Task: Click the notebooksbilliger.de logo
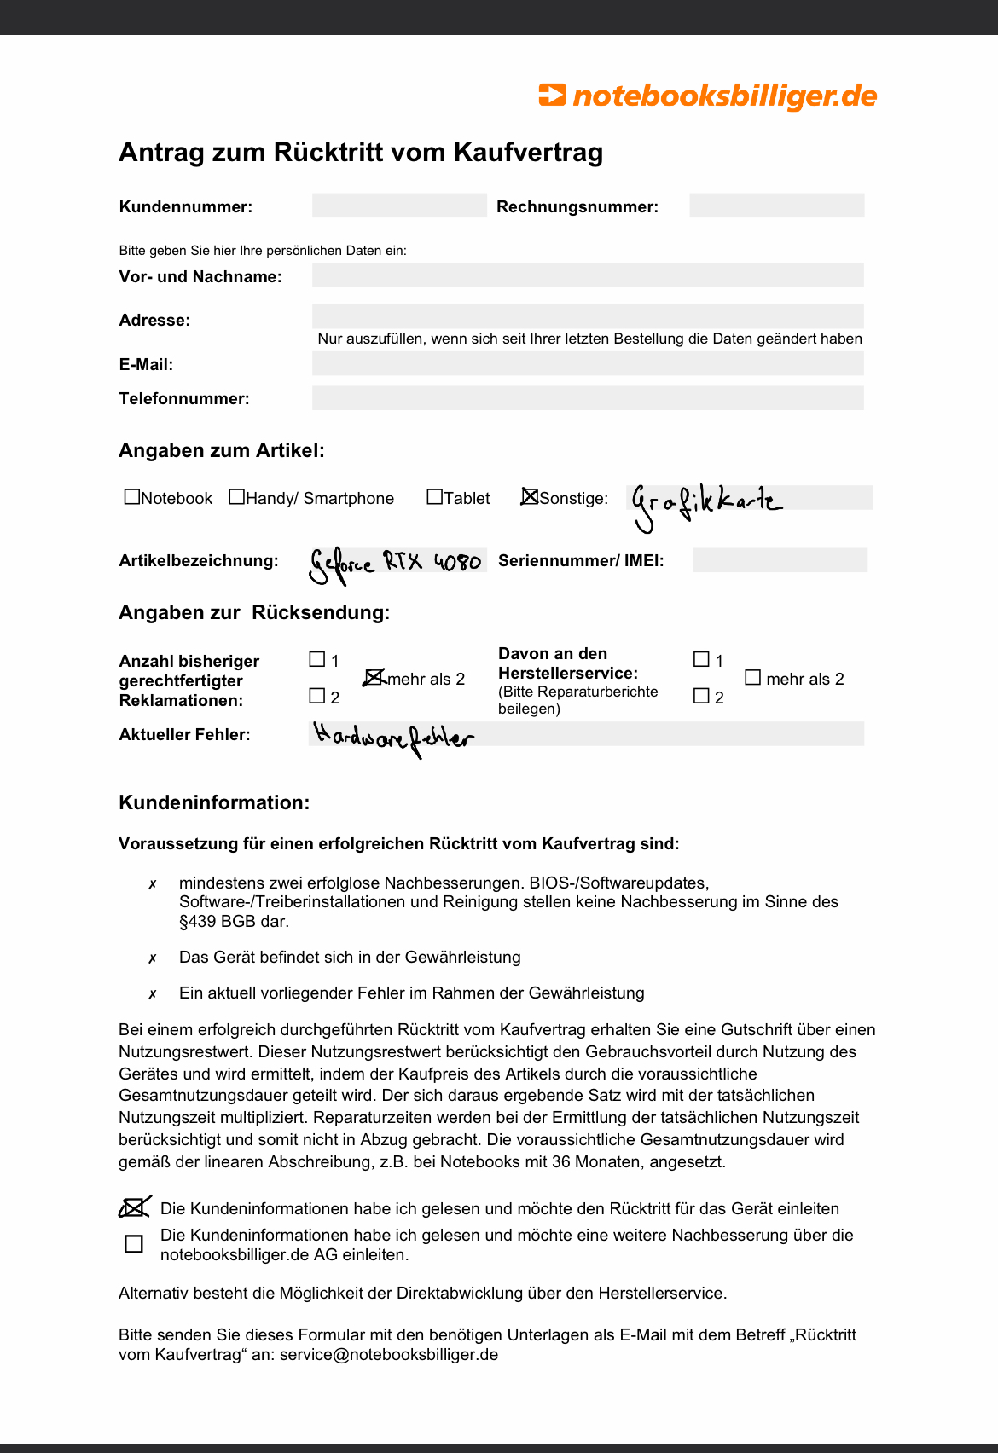(707, 96)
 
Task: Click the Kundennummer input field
(399, 206)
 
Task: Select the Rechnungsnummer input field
(776, 206)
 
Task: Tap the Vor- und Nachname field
(588, 275)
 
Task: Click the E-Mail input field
(588, 364)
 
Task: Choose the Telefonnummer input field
(588, 398)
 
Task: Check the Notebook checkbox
(132, 497)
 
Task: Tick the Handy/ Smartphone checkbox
(237, 497)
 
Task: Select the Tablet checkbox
(435, 497)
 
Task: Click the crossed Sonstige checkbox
(530, 497)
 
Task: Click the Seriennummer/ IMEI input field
(780, 560)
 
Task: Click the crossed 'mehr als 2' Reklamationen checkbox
(374, 677)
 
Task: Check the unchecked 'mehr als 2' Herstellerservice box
(752, 678)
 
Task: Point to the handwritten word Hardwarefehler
(393, 738)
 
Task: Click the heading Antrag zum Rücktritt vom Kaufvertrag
(361, 153)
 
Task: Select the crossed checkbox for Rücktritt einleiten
(133, 1207)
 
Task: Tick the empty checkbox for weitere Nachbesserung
(134, 1244)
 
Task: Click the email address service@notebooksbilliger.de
(389, 1354)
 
